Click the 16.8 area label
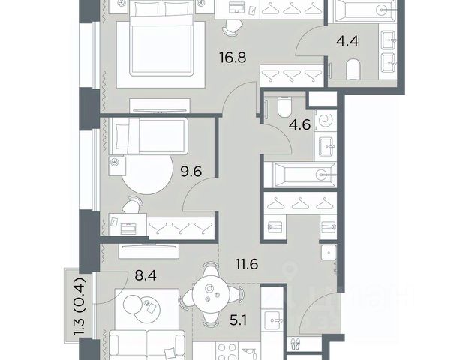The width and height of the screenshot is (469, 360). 233,57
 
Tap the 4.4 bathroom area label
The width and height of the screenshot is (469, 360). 347,41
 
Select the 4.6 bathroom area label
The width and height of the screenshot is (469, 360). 299,124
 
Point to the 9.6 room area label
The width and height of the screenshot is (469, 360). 191,172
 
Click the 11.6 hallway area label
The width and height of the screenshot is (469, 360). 247,264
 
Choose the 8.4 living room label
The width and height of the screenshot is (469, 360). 146,275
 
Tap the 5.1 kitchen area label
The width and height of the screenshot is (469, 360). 238,321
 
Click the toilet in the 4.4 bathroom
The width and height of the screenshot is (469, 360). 353,69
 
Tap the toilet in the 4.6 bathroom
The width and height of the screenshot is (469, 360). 284,107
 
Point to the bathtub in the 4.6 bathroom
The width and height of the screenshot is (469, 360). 305,175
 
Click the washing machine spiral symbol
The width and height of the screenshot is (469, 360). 326,120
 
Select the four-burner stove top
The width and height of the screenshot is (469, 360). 227,351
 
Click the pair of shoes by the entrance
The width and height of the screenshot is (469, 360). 295,343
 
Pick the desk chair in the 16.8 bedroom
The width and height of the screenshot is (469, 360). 231,28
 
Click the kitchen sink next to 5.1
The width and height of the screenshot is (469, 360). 272,320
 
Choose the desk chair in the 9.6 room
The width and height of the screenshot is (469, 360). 132,205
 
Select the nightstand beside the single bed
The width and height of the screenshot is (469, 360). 117,166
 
